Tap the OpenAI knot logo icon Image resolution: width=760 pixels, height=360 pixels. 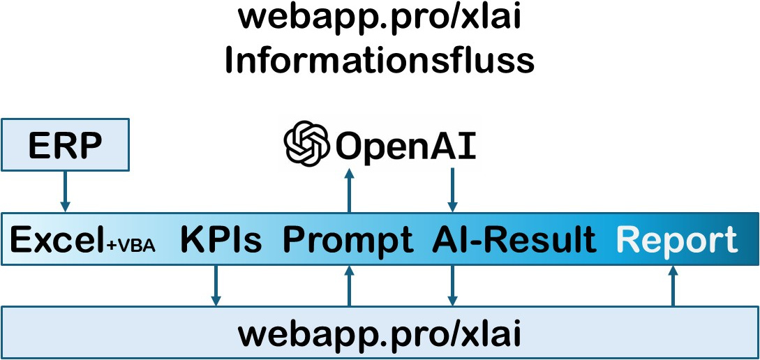[306, 145]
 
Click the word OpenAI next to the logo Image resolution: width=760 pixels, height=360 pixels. [406, 146]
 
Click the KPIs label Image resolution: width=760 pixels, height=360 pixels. [221, 241]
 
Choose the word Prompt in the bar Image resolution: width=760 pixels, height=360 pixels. [347, 241]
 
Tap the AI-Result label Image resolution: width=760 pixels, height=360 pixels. [514, 241]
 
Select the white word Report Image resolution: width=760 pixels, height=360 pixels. [678, 241]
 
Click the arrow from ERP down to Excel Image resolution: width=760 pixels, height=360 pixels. [65, 191]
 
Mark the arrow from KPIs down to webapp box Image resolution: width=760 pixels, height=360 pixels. [216, 285]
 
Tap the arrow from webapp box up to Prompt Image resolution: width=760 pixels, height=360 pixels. [349, 285]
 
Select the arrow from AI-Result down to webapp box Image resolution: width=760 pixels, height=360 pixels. [452, 285]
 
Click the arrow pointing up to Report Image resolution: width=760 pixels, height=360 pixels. [673, 285]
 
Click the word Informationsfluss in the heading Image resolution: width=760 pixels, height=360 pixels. [379, 61]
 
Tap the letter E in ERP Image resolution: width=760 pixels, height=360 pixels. [39, 146]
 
